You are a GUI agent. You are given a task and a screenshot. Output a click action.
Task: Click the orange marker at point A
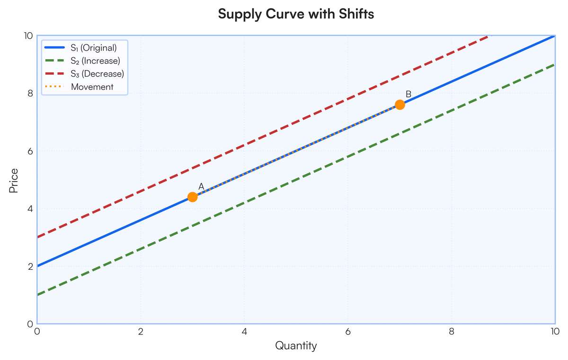(193, 197)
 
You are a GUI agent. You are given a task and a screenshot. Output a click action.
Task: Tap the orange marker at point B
(400, 105)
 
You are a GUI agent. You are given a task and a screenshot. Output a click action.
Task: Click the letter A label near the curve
(201, 187)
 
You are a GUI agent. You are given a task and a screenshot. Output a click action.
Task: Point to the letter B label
(408, 95)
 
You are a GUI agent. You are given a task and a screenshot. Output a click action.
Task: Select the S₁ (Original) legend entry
(93, 47)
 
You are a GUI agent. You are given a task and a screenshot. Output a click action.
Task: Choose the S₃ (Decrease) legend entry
(97, 74)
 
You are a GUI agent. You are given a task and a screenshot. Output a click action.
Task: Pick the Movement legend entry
(92, 87)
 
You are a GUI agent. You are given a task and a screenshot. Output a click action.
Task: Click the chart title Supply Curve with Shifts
(296, 15)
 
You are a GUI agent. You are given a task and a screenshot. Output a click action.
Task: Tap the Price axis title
(14, 180)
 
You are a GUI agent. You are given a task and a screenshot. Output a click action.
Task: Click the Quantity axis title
(296, 346)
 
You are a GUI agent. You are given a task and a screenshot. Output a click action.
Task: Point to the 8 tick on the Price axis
(29, 94)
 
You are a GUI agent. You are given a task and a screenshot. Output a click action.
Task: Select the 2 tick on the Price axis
(29, 266)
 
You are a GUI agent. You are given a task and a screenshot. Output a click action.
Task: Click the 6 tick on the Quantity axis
(348, 332)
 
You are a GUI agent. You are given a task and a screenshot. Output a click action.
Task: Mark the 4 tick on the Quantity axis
(244, 332)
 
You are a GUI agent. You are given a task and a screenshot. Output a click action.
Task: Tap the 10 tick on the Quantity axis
(555, 332)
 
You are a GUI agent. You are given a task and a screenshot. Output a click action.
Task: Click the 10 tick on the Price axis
(27, 36)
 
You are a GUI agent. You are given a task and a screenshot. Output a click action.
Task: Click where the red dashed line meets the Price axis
(37, 237)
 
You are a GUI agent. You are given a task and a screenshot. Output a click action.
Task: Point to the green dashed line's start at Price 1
(37, 295)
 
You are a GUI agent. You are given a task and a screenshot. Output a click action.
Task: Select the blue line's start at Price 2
(37, 266)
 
